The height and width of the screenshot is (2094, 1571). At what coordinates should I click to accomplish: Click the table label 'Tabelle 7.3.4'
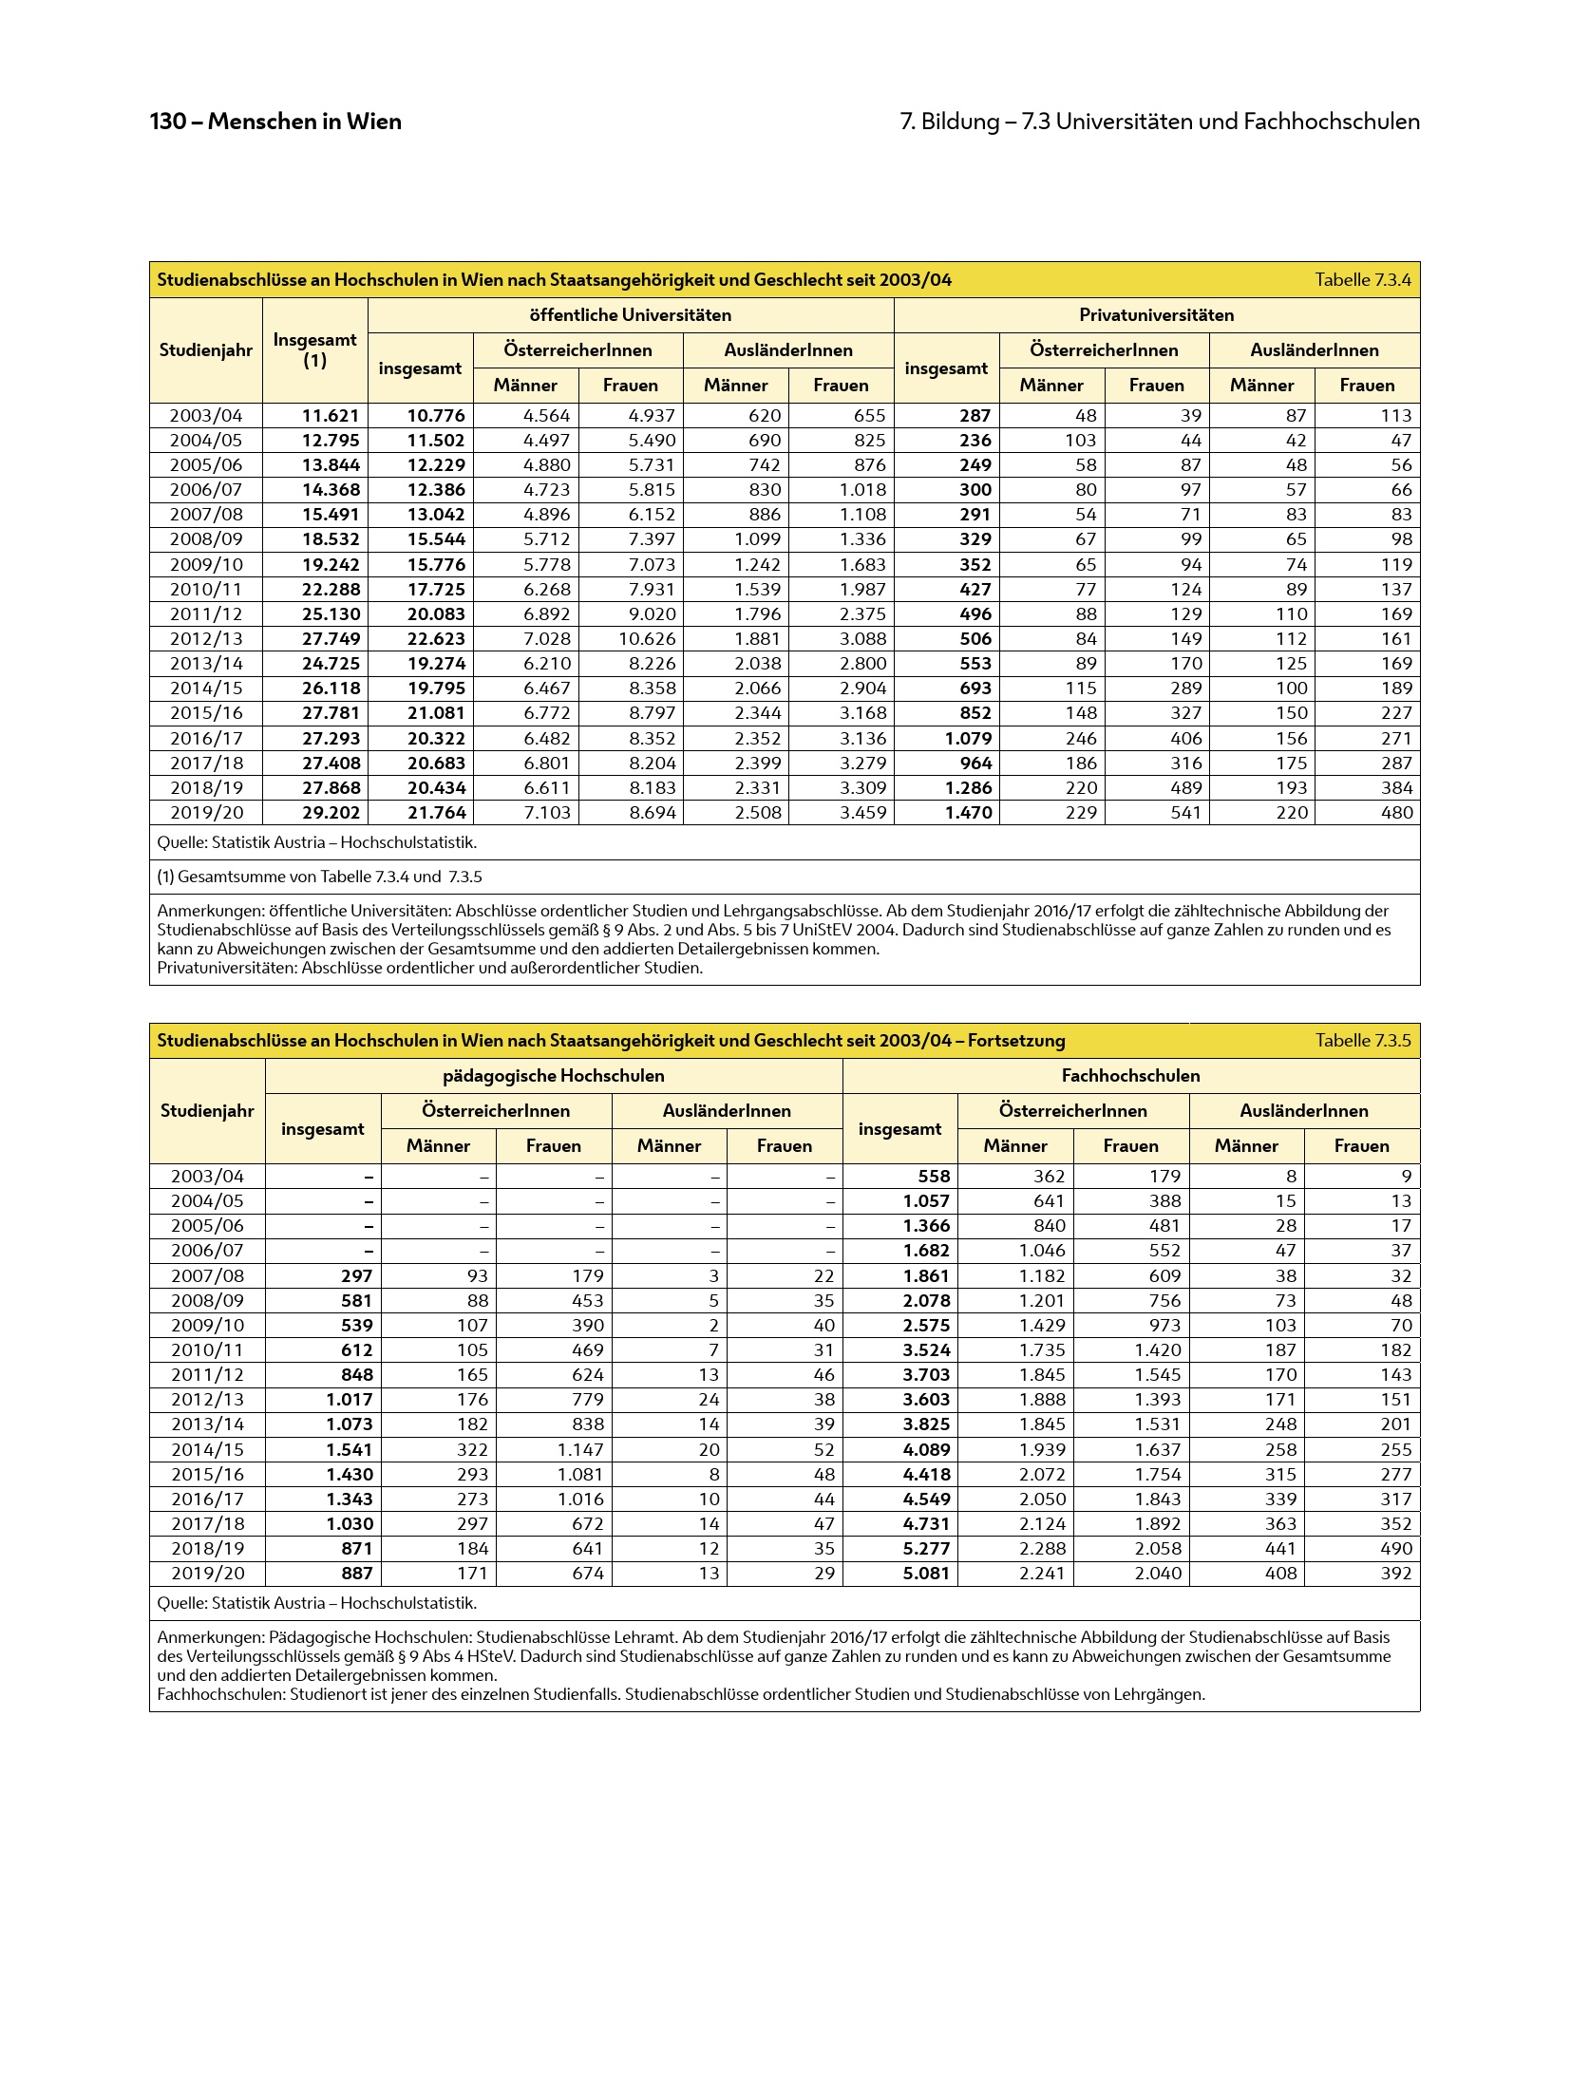(x=1362, y=280)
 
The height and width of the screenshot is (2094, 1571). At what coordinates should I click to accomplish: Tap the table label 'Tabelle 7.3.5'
(x=1362, y=1041)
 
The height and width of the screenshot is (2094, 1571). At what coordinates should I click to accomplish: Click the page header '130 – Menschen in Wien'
(x=275, y=122)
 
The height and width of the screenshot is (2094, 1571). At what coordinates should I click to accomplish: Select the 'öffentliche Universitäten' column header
(x=630, y=315)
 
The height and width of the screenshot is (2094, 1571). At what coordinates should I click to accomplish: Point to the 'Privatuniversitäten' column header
(x=1156, y=315)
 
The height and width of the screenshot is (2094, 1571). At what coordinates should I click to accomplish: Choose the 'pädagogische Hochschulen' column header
(x=553, y=1076)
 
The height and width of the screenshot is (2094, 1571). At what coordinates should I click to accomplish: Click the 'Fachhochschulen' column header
(x=1130, y=1076)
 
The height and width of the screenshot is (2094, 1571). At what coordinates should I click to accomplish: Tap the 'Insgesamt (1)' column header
(x=314, y=350)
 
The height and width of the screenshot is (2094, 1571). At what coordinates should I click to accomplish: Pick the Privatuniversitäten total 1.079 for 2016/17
(x=969, y=739)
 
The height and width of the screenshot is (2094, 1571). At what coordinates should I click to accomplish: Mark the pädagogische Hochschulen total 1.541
(x=350, y=1450)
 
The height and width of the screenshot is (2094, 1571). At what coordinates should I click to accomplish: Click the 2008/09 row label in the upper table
(x=206, y=539)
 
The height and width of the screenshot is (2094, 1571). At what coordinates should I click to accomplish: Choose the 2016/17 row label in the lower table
(x=207, y=1500)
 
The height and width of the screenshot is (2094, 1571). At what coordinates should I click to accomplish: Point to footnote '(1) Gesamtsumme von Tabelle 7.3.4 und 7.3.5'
(x=319, y=877)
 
